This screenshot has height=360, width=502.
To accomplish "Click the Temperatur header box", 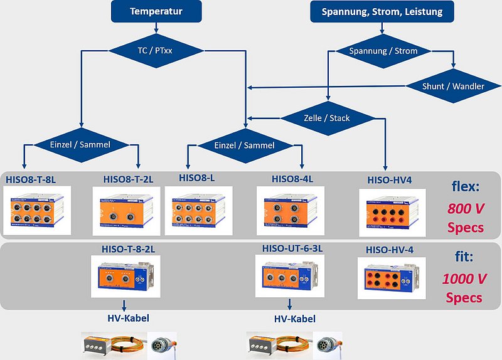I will pos(156,11).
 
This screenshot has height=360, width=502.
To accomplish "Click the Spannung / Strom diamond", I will pos(383,51).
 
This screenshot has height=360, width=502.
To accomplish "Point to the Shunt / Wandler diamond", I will pos(453,86).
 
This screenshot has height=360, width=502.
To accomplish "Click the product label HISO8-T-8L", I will pos(31,179).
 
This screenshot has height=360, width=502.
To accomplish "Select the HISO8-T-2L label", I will pos(128,179).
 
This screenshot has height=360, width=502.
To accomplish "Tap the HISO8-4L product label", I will pos(292,179).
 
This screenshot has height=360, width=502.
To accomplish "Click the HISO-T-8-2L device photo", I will pos(124,277).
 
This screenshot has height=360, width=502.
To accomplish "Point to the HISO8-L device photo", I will pos(198,210).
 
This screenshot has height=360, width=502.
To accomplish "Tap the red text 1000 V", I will pos(466,278).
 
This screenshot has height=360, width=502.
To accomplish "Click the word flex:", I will pos(466,186).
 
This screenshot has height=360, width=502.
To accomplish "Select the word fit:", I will pos(466,257).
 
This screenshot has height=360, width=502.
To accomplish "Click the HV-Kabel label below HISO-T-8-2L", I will pos(124,319).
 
